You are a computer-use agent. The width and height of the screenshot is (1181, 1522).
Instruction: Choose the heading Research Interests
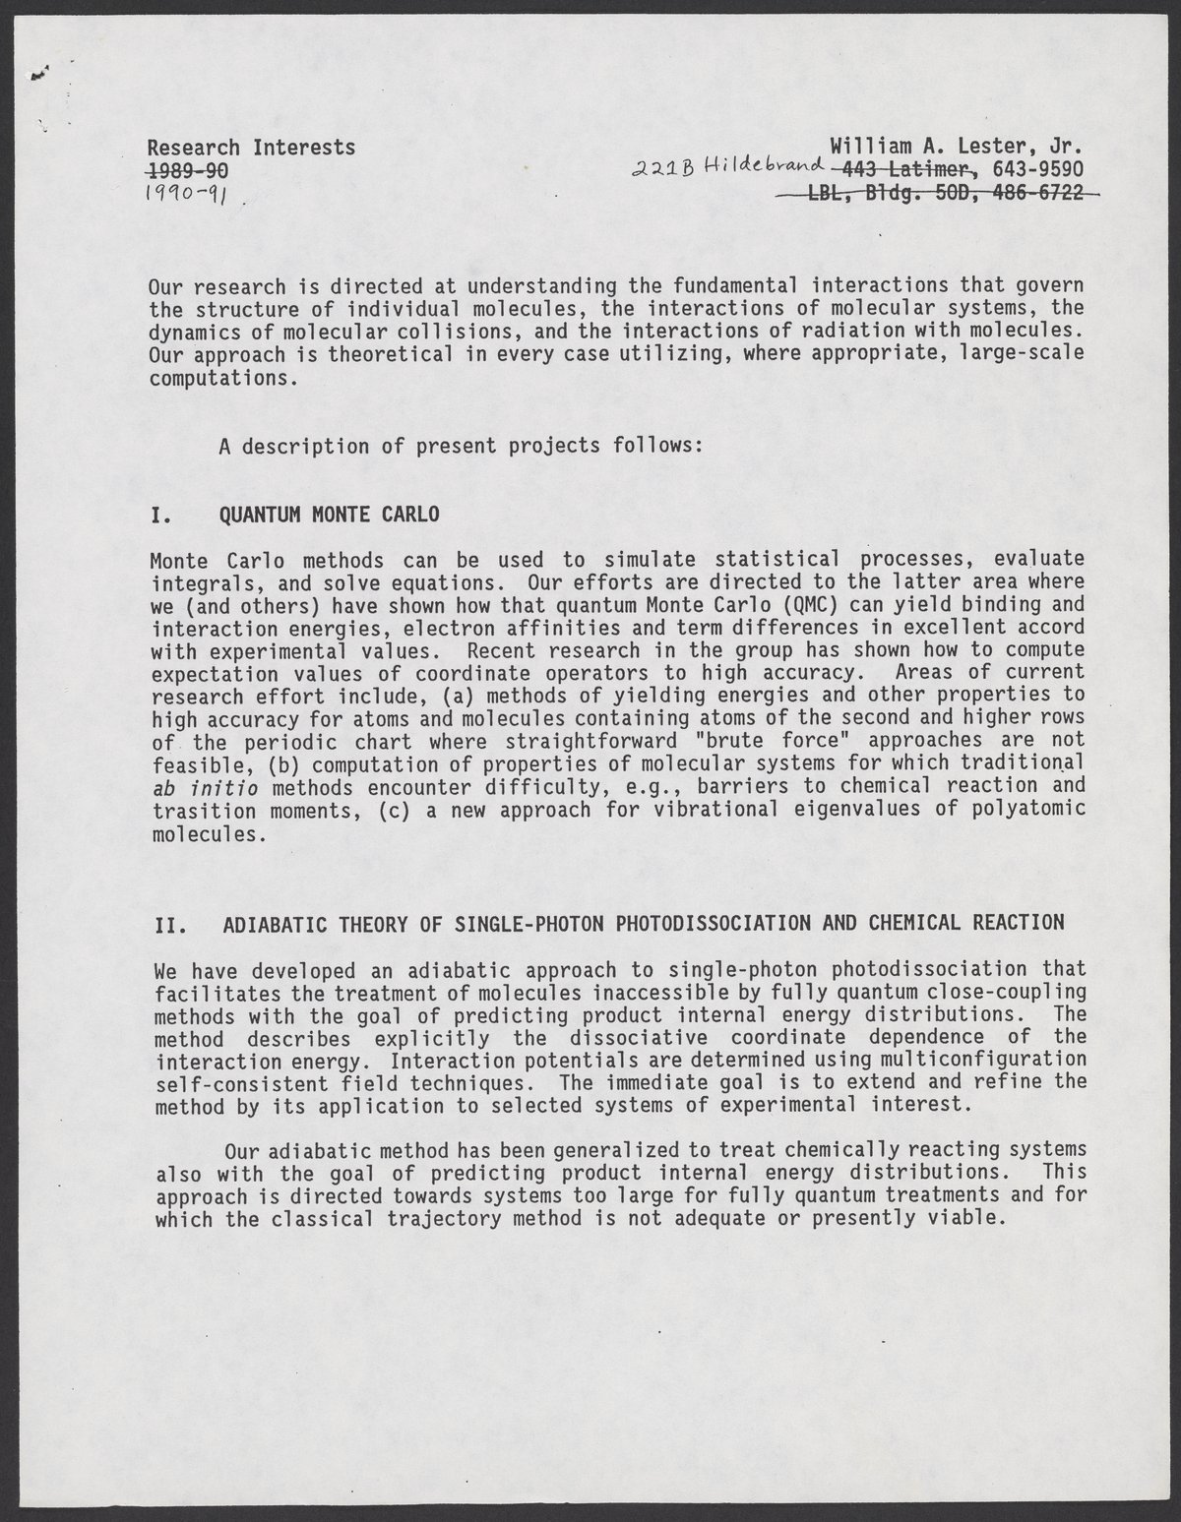pyautogui.click(x=251, y=148)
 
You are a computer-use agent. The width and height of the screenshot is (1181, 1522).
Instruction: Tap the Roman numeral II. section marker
pyautogui.click(x=168, y=923)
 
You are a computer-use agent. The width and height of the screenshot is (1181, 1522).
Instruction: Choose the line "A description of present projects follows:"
pyautogui.click(x=461, y=446)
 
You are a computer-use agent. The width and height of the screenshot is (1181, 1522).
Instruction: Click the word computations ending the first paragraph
pyautogui.click(x=221, y=378)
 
